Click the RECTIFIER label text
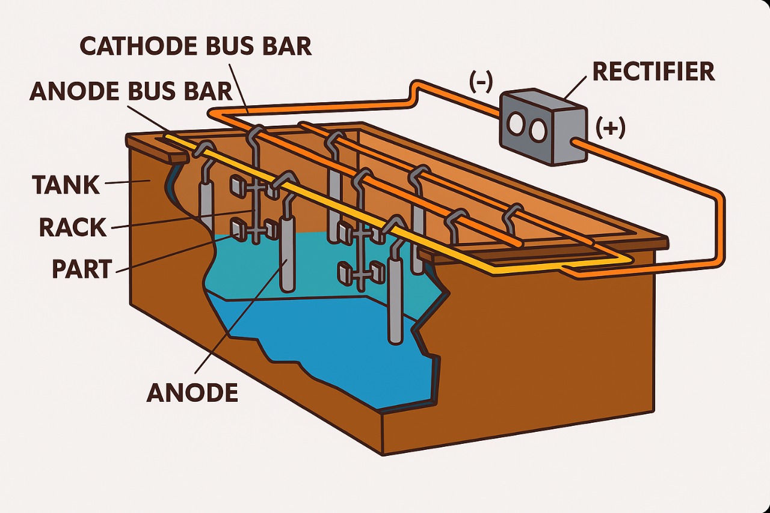[653, 72]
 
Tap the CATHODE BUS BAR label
[196, 46]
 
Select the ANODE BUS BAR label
[131, 91]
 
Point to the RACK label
[72, 227]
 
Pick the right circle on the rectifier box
[538, 128]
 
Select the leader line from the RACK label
[180, 220]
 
